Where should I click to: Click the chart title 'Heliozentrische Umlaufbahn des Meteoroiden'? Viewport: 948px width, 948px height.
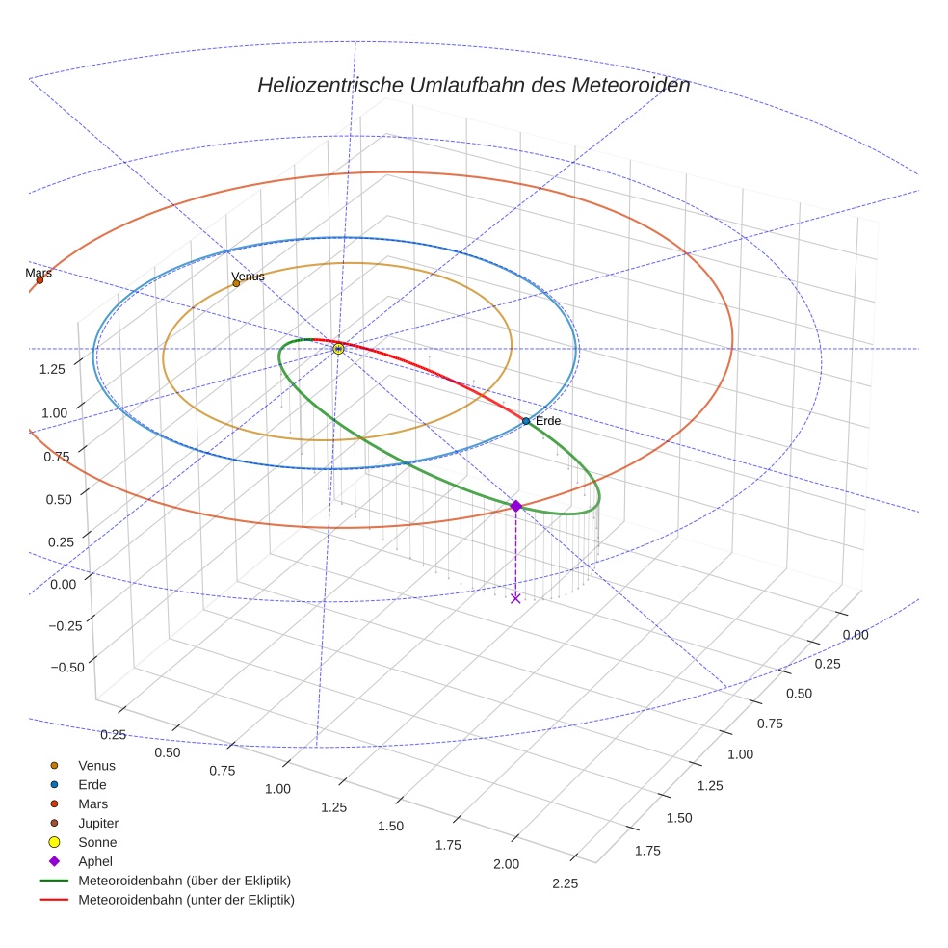tap(473, 85)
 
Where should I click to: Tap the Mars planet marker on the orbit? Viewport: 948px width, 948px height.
tap(39, 280)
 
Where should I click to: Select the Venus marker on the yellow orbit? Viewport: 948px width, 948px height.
tap(236, 283)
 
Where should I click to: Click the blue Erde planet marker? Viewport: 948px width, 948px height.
tap(525, 421)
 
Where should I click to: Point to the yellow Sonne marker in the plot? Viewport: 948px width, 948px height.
tap(338, 349)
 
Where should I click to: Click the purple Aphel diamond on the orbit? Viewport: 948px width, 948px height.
tap(515, 506)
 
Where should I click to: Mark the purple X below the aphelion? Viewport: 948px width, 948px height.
tap(515, 598)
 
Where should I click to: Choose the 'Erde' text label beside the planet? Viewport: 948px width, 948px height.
tap(547, 421)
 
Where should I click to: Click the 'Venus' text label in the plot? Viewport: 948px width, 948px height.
tap(248, 276)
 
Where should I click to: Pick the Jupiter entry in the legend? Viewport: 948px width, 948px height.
tap(97, 823)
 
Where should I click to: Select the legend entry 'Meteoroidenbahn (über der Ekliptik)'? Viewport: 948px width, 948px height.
tap(184, 881)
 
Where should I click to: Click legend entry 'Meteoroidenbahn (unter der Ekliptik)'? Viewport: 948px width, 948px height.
tap(185, 900)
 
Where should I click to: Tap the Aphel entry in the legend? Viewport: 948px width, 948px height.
tap(95, 861)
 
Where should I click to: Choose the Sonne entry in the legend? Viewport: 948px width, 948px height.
tap(97, 842)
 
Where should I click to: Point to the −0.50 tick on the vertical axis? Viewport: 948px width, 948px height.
tap(66, 667)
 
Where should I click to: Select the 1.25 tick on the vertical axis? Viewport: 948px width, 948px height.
tap(53, 368)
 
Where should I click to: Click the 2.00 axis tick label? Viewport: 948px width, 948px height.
tap(507, 864)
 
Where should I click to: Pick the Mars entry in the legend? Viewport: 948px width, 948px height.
tap(92, 803)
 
